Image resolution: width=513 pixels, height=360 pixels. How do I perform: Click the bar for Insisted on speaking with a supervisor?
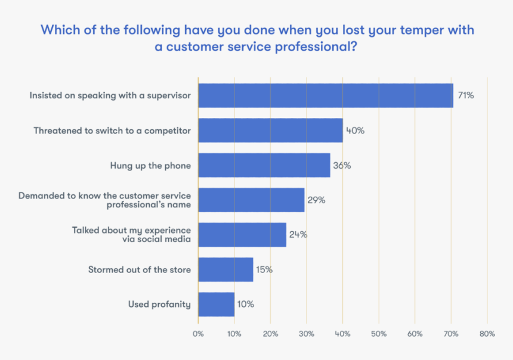tap(326, 95)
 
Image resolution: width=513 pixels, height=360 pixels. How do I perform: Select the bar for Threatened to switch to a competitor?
tap(270, 130)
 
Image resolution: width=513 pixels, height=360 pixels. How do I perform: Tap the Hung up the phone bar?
tap(264, 165)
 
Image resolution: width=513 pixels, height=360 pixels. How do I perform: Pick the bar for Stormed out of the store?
tap(225, 269)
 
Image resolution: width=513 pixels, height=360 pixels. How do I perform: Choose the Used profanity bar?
tap(216, 304)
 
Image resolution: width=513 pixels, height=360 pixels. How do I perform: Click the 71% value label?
tap(466, 95)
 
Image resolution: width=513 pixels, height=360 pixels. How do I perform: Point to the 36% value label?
tap(342, 165)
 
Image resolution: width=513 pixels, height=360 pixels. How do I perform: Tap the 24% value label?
tap(298, 234)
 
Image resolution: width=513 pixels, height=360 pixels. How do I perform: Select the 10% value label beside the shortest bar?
tap(245, 304)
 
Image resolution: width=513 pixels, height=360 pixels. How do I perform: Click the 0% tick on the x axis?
tap(198, 334)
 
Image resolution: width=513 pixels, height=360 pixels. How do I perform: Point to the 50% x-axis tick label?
tap(379, 334)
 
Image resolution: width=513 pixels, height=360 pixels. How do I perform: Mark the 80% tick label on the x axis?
tap(487, 334)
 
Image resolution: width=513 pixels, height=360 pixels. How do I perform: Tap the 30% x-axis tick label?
tap(307, 334)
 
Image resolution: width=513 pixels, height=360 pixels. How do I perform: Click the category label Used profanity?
tap(159, 304)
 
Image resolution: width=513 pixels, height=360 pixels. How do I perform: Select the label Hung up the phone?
tap(150, 165)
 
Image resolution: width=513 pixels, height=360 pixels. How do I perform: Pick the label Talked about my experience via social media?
tap(131, 235)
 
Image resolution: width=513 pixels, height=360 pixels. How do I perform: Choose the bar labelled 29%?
tap(251, 200)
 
